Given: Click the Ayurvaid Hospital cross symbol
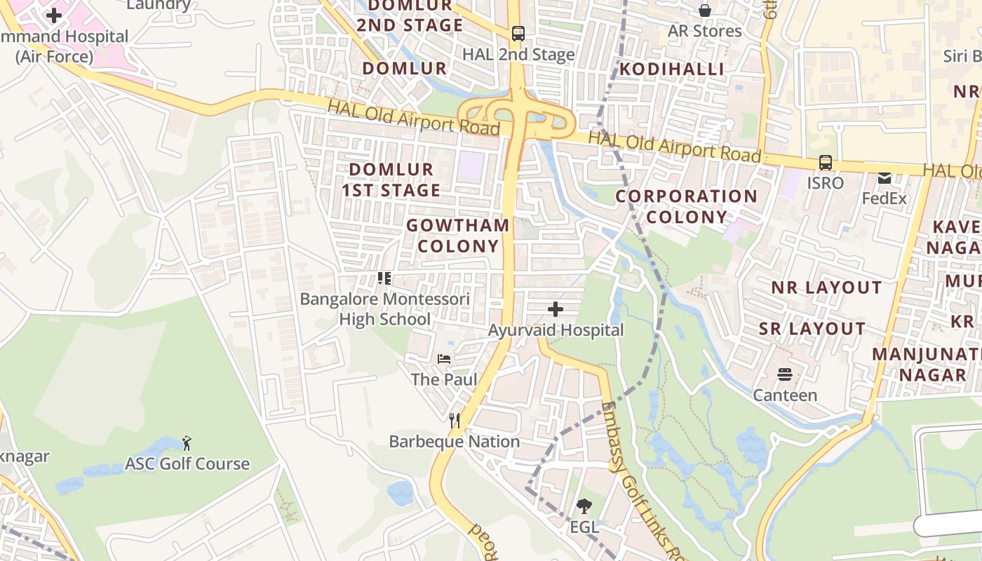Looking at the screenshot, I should coord(556,309).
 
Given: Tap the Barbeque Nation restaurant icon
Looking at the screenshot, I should coord(455,421).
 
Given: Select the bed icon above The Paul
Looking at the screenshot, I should coord(444,358).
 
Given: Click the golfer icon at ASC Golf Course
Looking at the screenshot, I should coord(187,443).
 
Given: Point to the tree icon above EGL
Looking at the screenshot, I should coord(584,506).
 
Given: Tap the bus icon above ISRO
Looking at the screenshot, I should coord(826,162).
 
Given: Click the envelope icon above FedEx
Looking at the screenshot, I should coord(885,178).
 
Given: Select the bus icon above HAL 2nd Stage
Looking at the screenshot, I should coord(518,33).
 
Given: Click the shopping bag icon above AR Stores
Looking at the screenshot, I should coord(705,11).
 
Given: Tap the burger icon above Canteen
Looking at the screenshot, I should coord(785,374).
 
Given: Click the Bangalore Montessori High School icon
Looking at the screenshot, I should coord(384,278).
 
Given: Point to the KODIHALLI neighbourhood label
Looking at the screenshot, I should coord(671,69).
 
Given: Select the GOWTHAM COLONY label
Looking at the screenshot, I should coord(458,236).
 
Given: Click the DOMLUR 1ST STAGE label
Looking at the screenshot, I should coord(391,180).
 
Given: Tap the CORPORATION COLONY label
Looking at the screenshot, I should coord(686,206).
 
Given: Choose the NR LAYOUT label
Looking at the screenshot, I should coord(816,288).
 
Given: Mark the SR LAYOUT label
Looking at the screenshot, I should coord(812,329).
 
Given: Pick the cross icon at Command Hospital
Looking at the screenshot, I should coord(54,15).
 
